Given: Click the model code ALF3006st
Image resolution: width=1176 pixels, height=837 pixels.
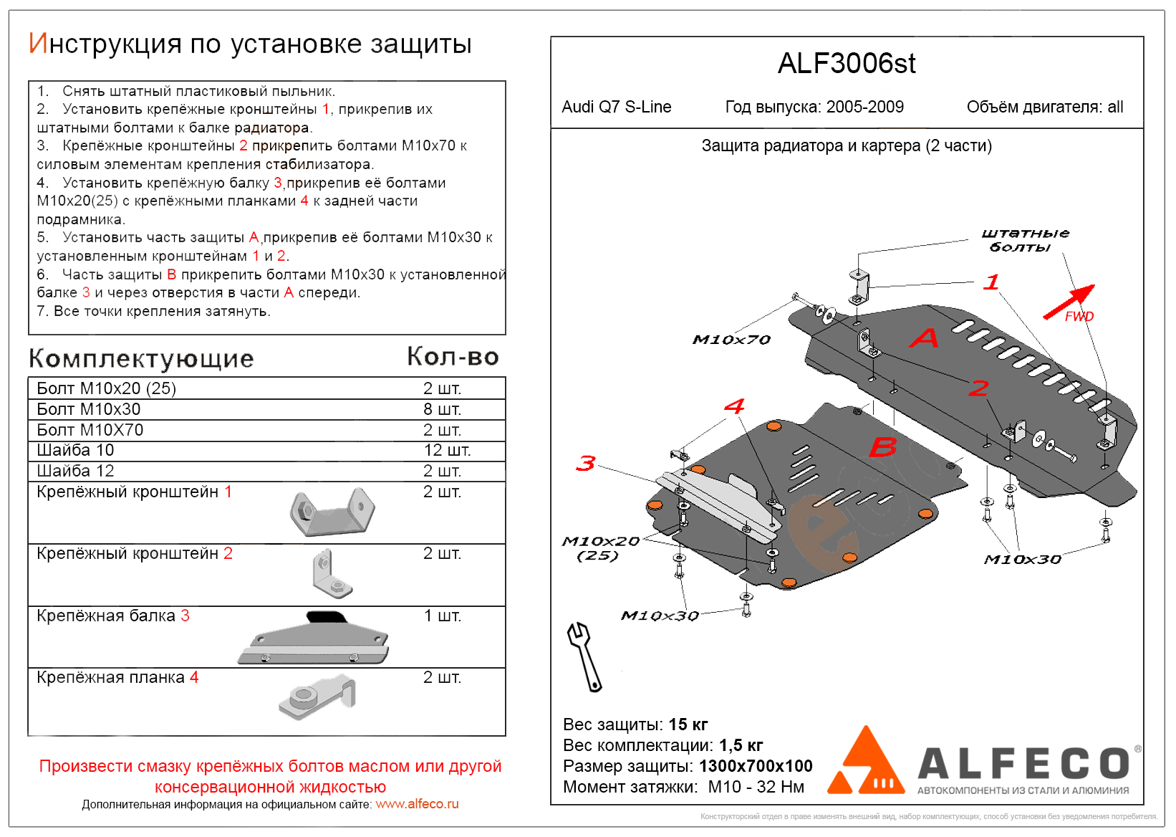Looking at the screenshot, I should point(847,64).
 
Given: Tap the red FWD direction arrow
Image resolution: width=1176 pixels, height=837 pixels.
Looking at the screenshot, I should point(1069,302).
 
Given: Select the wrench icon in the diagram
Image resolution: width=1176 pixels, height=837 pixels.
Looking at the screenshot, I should point(584,656).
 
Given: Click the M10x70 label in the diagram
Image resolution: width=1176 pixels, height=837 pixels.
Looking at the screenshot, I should point(731,340).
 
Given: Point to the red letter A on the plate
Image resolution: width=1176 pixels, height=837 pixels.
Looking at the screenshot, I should point(924,338).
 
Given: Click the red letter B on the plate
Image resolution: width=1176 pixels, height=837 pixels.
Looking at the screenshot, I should point(882,447).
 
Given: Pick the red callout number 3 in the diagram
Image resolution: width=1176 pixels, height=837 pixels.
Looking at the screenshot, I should point(586,464).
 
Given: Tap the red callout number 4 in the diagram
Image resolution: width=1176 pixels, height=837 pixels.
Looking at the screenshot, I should point(734,406).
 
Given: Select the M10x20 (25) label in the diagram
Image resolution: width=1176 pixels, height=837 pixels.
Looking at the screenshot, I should point(600,548).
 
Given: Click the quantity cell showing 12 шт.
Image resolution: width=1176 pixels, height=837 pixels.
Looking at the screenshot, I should point(447,451).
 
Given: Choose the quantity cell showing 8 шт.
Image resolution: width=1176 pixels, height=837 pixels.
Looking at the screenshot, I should point(442,409).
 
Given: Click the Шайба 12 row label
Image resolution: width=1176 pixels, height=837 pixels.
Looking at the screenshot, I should point(75,472).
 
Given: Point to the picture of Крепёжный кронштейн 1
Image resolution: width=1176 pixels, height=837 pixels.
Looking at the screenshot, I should point(332,512).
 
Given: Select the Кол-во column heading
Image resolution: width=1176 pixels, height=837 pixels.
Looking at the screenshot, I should point(453,356).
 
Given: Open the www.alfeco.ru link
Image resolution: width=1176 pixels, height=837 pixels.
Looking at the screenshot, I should point(417,804).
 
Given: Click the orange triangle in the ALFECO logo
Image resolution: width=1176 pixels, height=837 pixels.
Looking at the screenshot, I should point(865,764).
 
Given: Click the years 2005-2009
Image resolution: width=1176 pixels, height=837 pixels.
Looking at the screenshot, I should point(864,107).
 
